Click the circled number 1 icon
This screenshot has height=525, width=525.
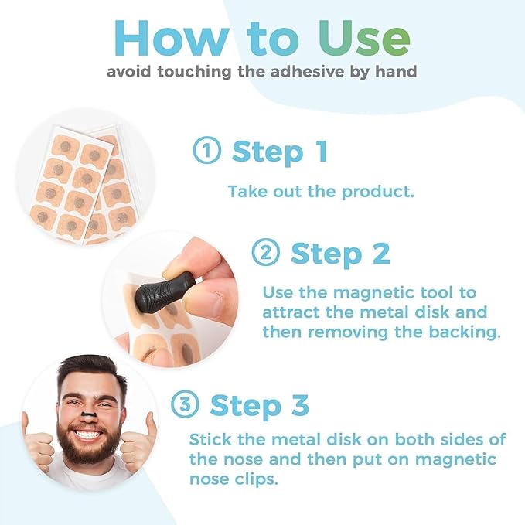pos(206,152)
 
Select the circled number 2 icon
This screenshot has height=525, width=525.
pos(265,253)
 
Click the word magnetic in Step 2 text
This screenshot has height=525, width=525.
pos(365,294)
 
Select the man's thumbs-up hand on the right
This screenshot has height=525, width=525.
pos(139,439)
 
